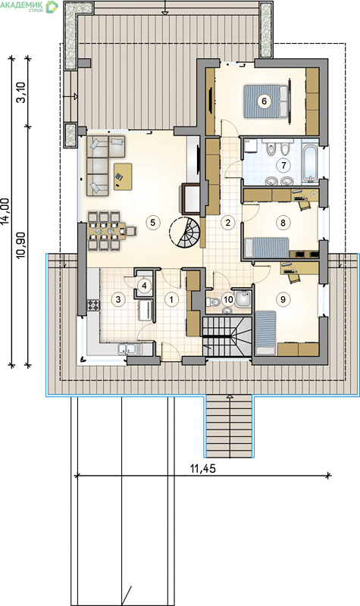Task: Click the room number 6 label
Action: (x=264, y=102)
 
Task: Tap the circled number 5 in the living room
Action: (x=153, y=222)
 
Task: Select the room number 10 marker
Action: (x=229, y=300)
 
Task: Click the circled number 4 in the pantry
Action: (x=144, y=286)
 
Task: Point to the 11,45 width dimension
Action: (x=202, y=469)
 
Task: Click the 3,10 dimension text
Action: (x=22, y=92)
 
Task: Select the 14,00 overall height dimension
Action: (x=5, y=212)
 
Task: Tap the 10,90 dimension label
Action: (x=22, y=245)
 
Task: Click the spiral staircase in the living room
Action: (x=184, y=232)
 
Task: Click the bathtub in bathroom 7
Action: (x=309, y=163)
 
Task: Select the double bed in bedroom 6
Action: (x=266, y=102)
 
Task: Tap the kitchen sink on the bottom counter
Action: (x=130, y=349)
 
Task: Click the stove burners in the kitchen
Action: (x=93, y=306)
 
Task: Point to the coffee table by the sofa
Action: (x=123, y=176)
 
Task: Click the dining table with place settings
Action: (x=107, y=231)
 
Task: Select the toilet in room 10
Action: (x=214, y=301)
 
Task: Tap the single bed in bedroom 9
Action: (x=266, y=333)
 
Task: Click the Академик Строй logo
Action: (x=29, y=7)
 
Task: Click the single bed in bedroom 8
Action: (x=268, y=248)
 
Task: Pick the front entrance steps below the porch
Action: (x=229, y=426)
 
